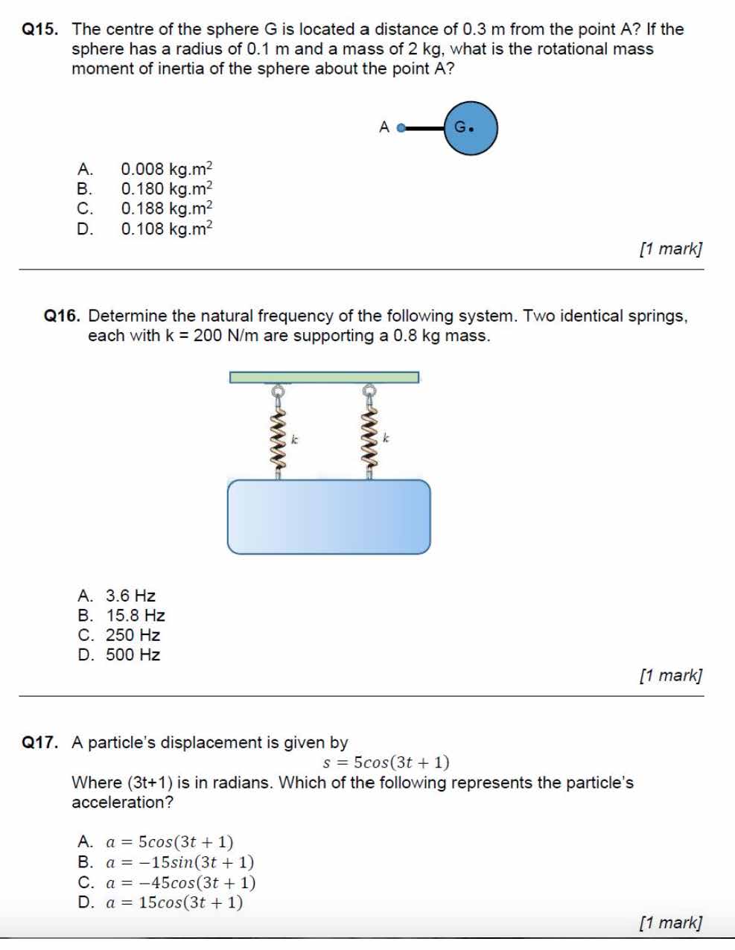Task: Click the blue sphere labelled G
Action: click(471, 128)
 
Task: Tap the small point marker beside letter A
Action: click(401, 128)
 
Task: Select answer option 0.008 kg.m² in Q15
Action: click(166, 169)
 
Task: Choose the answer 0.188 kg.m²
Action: click(166, 208)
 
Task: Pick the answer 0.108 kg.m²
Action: click(166, 229)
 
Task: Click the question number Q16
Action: click(62, 316)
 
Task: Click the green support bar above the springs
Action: click(324, 377)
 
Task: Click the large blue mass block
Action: click(328, 517)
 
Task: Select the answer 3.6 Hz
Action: click(130, 596)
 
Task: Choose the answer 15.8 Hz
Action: click(135, 616)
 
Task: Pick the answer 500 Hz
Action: click(133, 655)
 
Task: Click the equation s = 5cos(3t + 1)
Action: click(386, 762)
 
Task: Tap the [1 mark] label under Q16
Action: click(670, 675)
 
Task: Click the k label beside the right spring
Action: click(386, 439)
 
